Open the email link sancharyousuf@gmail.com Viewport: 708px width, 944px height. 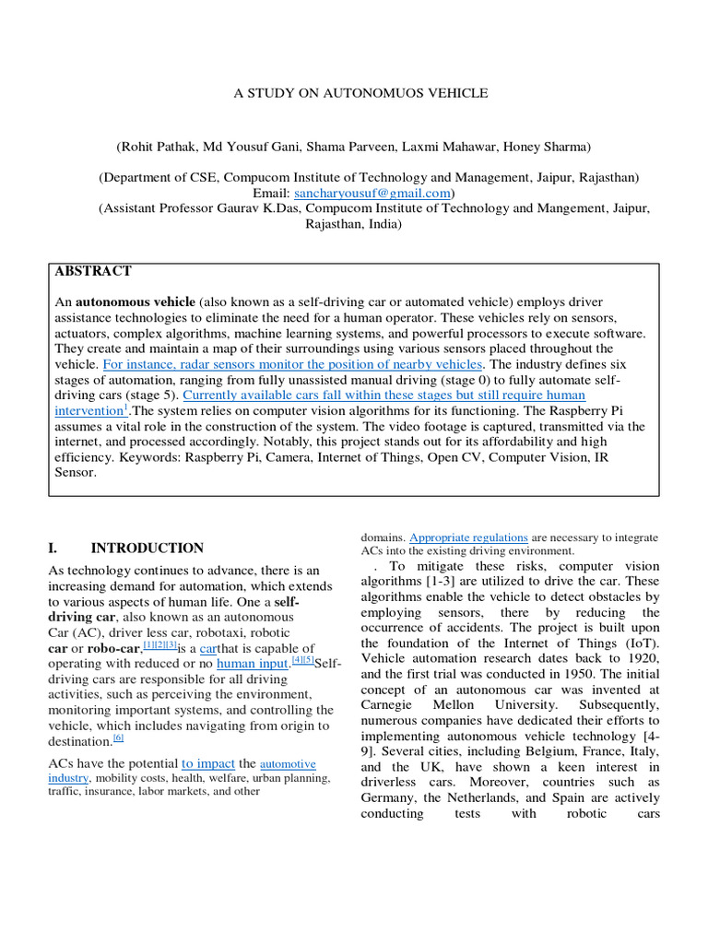point(372,194)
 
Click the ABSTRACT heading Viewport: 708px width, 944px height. point(93,271)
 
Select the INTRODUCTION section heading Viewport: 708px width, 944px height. point(147,548)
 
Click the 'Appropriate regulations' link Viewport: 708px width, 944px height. point(468,537)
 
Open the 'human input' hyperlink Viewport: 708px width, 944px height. point(253,663)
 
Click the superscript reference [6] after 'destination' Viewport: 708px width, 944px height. point(119,737)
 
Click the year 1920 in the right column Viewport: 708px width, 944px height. point(642,658)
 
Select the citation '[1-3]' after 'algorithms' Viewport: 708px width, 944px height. point(442,582)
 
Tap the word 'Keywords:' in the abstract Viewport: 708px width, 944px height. point(214,457)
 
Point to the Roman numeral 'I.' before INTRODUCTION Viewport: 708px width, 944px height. point(53,548)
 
